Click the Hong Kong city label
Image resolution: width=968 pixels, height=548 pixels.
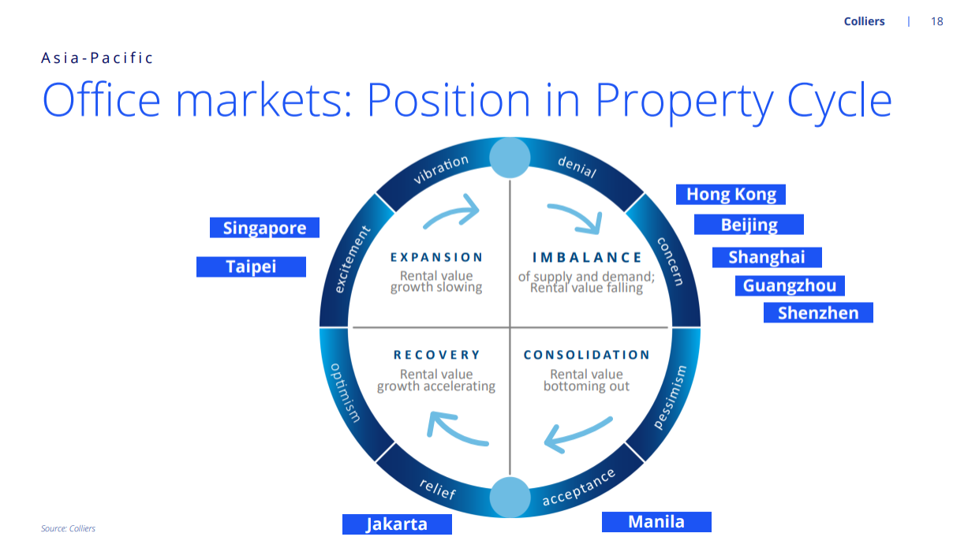(731, 194)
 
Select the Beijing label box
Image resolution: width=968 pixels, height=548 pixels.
(749, 225)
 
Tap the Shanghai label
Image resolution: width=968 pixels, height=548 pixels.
(767, 257)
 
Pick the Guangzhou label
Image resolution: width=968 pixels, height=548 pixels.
(790, 286)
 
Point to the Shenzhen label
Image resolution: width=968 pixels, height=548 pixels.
(818, 313)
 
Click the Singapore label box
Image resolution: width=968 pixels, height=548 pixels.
(264, 228)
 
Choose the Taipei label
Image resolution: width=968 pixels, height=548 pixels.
(251, 267)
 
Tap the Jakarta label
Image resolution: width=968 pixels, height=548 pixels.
(397, 524)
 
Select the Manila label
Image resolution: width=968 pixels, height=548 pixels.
(656, 522)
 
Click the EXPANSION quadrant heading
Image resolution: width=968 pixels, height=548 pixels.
(436, 257)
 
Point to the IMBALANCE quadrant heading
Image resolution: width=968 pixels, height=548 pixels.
(587, 257)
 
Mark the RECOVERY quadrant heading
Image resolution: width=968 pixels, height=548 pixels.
(436, 355)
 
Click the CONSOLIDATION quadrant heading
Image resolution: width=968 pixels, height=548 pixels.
(587, 355)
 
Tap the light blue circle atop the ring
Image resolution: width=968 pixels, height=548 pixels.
(510, 158)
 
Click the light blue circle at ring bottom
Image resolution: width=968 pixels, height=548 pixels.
(510, 498)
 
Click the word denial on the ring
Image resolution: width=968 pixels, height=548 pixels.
(577, 166)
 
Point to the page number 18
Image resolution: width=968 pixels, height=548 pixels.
(937, 21)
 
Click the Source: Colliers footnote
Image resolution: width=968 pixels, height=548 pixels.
(68, 528)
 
